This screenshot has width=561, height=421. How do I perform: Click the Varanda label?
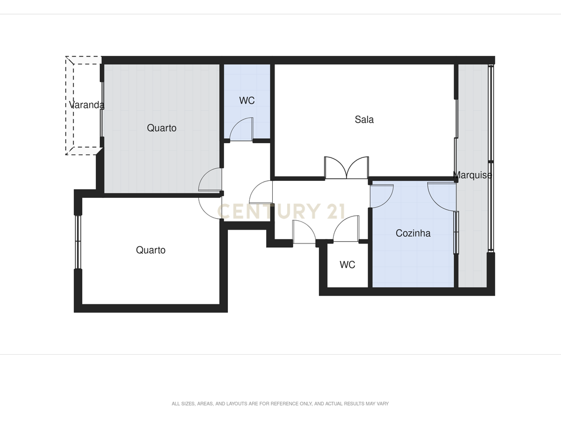[x=87, y=105]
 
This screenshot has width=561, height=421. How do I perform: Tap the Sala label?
[x=364, y=119]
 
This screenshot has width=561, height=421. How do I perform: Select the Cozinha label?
[x=413, y=233]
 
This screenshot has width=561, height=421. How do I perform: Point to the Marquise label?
[x=472, y=175]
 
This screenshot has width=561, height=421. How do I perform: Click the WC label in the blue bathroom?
[x=247, y=101]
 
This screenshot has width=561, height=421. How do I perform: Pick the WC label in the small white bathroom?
[x=347, y=265]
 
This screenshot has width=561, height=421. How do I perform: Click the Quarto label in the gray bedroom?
[x=162, y=128]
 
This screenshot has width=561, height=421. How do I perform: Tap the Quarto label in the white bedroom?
[x=151, y=250]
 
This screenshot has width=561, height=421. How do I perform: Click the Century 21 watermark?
[x=281, y=211]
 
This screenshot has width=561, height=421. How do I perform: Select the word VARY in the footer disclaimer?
[x=382, y=403]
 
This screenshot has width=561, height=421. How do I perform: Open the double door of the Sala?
[x=346, y=168]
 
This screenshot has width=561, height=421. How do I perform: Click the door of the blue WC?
[x=242, y=129]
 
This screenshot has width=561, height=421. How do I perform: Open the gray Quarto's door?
[x=210, y=179]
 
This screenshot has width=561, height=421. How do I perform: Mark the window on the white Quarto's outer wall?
[x=78, y=242]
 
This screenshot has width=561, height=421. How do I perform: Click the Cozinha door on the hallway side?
[x=382, y=196]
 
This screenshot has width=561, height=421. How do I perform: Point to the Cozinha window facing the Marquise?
[x=456, y=232]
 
